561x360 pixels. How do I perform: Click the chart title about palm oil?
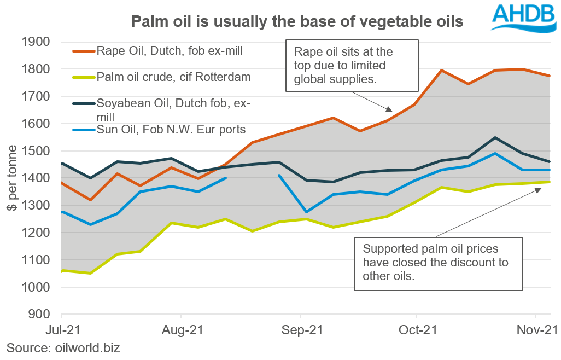click(x=297, y=22)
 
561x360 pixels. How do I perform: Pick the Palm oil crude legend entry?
click(x=173, y=77)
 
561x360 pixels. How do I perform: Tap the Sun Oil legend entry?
click(x=171, y=130)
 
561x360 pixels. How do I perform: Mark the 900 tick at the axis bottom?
click(x=39, y=315)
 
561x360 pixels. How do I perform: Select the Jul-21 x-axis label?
click(x=61, y=330)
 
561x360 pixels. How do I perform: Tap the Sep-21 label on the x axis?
click(x=300, y=330)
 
